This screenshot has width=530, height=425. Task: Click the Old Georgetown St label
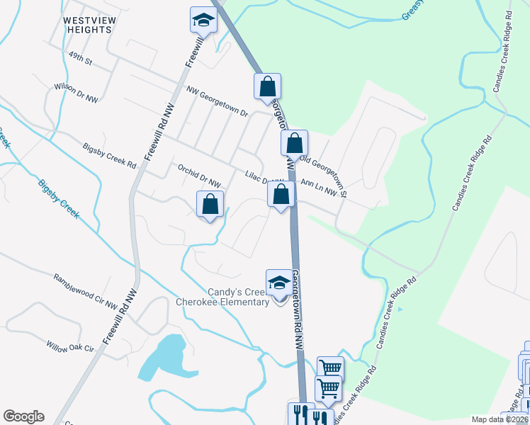pyautogui.click(x=324, y=175)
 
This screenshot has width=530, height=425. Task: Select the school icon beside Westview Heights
pyautogui.click(x=203, y=21)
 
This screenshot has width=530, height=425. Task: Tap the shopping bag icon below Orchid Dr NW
pyautogui.click(x=210, y=205)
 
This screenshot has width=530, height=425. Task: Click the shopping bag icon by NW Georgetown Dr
pyautogui.click(x=267, y=86)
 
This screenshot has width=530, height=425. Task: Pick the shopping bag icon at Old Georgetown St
pyautogui.click(x=294, y=143)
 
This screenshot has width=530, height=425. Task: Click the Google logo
pyautogui.click(x=23, y=416)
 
